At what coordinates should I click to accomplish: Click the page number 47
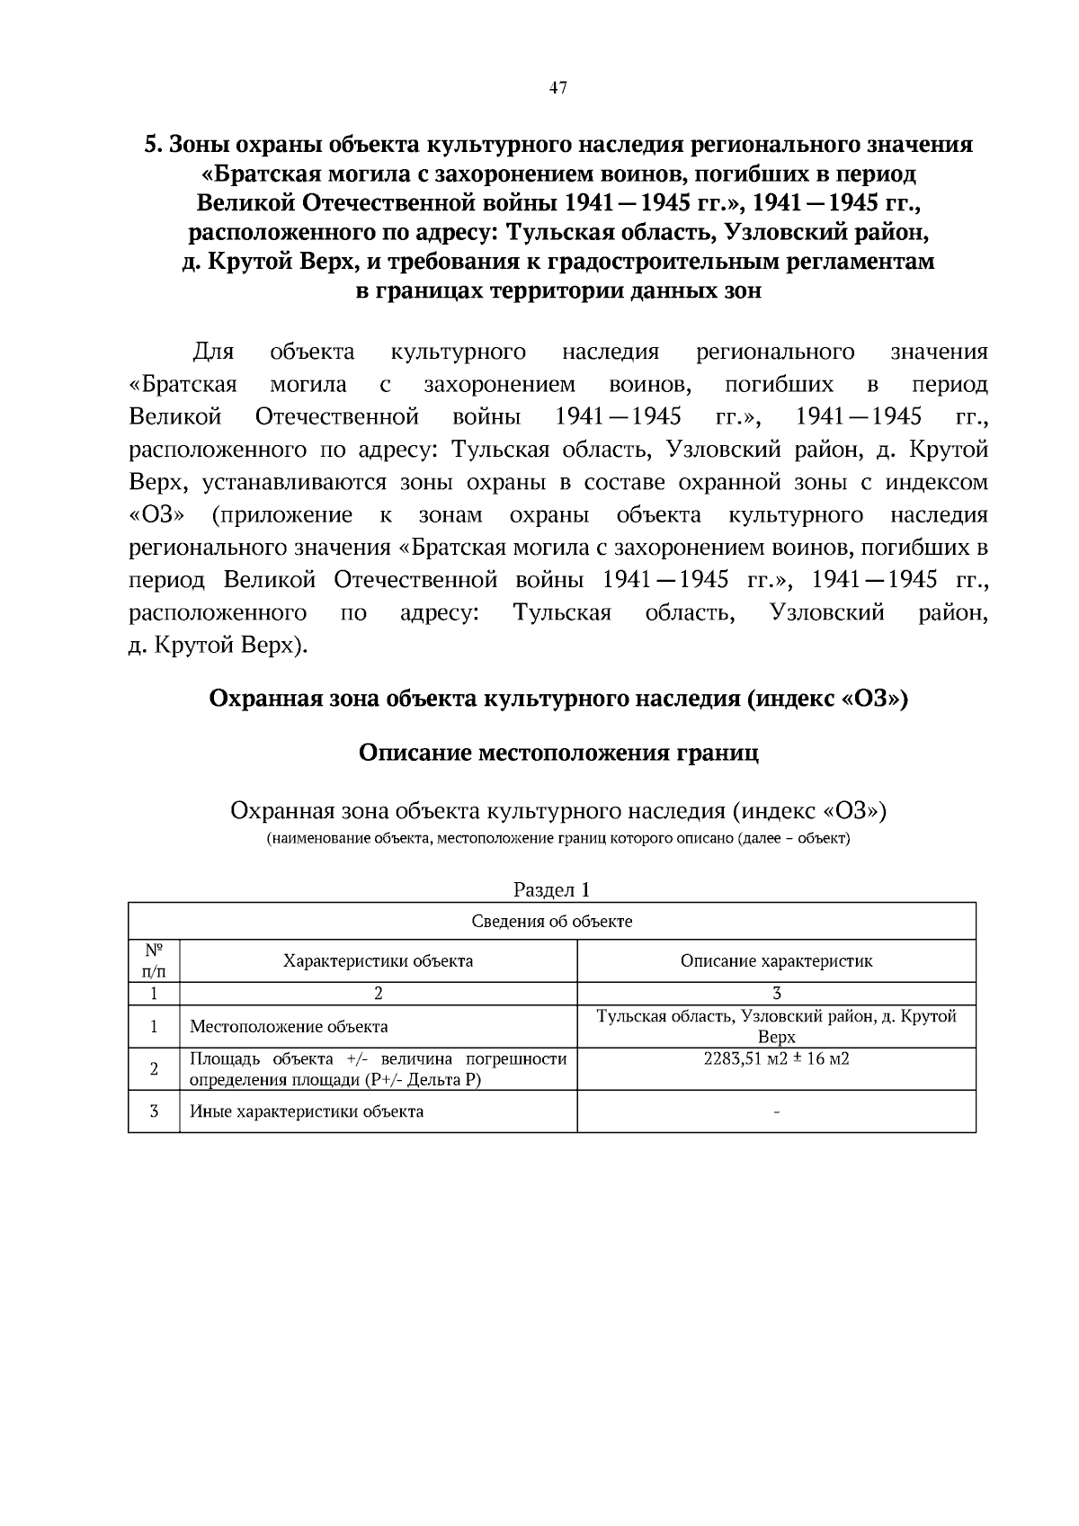tap(557, 88)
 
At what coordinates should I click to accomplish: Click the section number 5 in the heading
tap(152, 145)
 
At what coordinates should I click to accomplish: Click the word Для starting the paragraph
tap(213, 352)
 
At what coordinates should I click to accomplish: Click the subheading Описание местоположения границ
tap(558, 753)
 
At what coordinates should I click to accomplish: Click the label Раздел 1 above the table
tap(551, 890)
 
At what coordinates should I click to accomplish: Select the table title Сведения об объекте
tap(551, 922)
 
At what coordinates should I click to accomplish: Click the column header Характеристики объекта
tap(378, 961)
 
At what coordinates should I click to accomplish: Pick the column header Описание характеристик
tap(776, 961)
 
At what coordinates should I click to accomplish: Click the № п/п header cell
tap(154, 961)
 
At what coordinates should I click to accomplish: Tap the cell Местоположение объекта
tap(289, 1027)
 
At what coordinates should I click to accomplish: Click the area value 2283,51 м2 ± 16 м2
tap(776, 1058)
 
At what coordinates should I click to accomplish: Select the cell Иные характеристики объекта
tap(307, 1111)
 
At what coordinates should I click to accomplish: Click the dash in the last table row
tap(776, 1113)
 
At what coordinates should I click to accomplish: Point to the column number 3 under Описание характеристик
tap(776, 994)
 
